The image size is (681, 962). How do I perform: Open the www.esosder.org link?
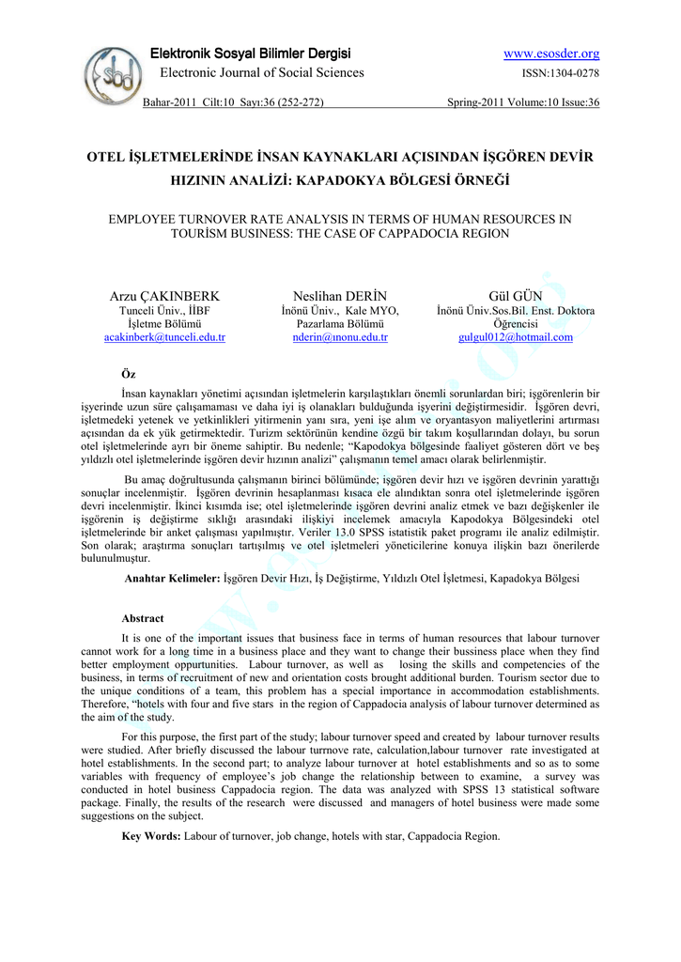[x=551, y=54]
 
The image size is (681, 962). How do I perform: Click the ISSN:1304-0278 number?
[x=561, y=73]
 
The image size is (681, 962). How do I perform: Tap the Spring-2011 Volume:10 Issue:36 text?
[x=523, y=102]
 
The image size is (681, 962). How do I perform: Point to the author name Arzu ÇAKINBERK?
[x=164, y=296]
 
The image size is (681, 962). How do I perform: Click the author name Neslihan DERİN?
[x=340, y=296]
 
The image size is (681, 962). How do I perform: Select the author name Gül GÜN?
[x=515, y=296]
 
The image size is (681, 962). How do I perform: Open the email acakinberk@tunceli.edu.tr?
[x=164, y=337]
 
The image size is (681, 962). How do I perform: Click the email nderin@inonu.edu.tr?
[x=340, y=337]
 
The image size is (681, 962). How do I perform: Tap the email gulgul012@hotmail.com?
[x=515, y=337]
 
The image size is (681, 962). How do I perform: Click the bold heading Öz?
[x=129, y=374]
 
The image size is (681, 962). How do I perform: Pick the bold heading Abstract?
[x=142, y=618]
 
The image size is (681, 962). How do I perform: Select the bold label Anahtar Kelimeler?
[x=172, y=579]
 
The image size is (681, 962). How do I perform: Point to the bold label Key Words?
[x=151, y=835]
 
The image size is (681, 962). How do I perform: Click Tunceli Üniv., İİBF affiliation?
[x=164, y=311]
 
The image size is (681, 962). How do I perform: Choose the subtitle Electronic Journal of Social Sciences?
[x=261, y=73]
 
